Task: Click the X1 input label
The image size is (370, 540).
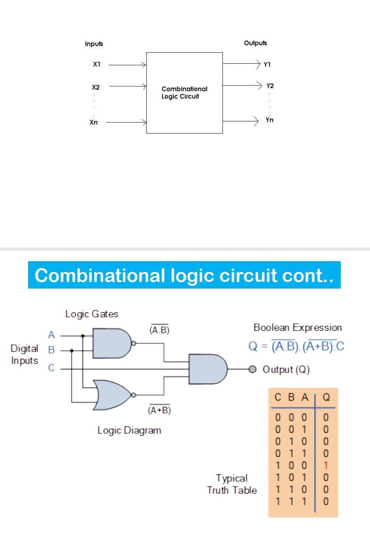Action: pos(97,64)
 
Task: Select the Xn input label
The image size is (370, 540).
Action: pos(94,122)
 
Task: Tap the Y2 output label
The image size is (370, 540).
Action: pos(270,86)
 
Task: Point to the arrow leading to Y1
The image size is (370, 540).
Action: pos(241,64)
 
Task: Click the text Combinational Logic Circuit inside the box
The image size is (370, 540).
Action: pos(184,93)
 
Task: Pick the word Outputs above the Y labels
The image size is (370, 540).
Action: pos(255,43)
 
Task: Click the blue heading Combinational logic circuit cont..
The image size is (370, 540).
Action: pos(184,275)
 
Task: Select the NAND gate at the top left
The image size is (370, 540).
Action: pos(112,343)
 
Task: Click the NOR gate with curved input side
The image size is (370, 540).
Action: pos(112,395)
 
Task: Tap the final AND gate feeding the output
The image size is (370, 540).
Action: pos(207,369)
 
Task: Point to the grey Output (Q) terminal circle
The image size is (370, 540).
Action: pos(253,369)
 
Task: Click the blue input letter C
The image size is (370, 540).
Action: pos(51,368)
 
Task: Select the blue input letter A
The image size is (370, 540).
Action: pos(52,335)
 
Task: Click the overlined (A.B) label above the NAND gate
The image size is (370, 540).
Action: pos(159,330)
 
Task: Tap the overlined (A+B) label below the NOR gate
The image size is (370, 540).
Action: pos(159,410)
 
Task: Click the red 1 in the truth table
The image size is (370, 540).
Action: pos(326,465)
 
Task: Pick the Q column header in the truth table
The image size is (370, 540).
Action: pos(326,397)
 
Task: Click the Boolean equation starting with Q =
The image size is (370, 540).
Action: pos(296,346)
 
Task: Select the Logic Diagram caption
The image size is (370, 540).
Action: pos(129,430)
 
